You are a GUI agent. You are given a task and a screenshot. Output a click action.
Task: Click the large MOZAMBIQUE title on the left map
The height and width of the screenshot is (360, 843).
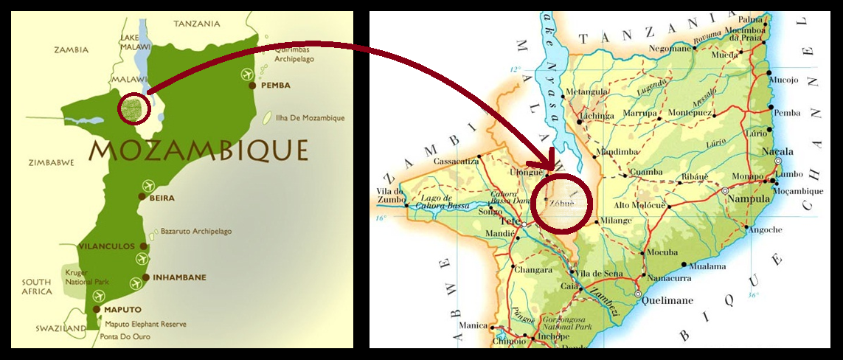[198, 150]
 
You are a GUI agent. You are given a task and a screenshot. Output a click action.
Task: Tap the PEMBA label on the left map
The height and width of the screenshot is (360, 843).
[274, 86]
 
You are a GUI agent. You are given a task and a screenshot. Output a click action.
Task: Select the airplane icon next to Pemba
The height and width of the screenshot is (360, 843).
[246, 75]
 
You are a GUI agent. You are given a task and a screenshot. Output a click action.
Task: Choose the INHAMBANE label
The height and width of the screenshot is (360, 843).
[179, 277]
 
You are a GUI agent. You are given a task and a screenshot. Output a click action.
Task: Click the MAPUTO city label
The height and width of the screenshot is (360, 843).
[122, 309]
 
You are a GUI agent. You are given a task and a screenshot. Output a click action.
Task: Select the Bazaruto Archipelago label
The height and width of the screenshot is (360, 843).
[195, 231]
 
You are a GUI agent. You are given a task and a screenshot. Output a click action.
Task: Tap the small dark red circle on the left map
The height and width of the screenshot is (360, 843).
[135, 109]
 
